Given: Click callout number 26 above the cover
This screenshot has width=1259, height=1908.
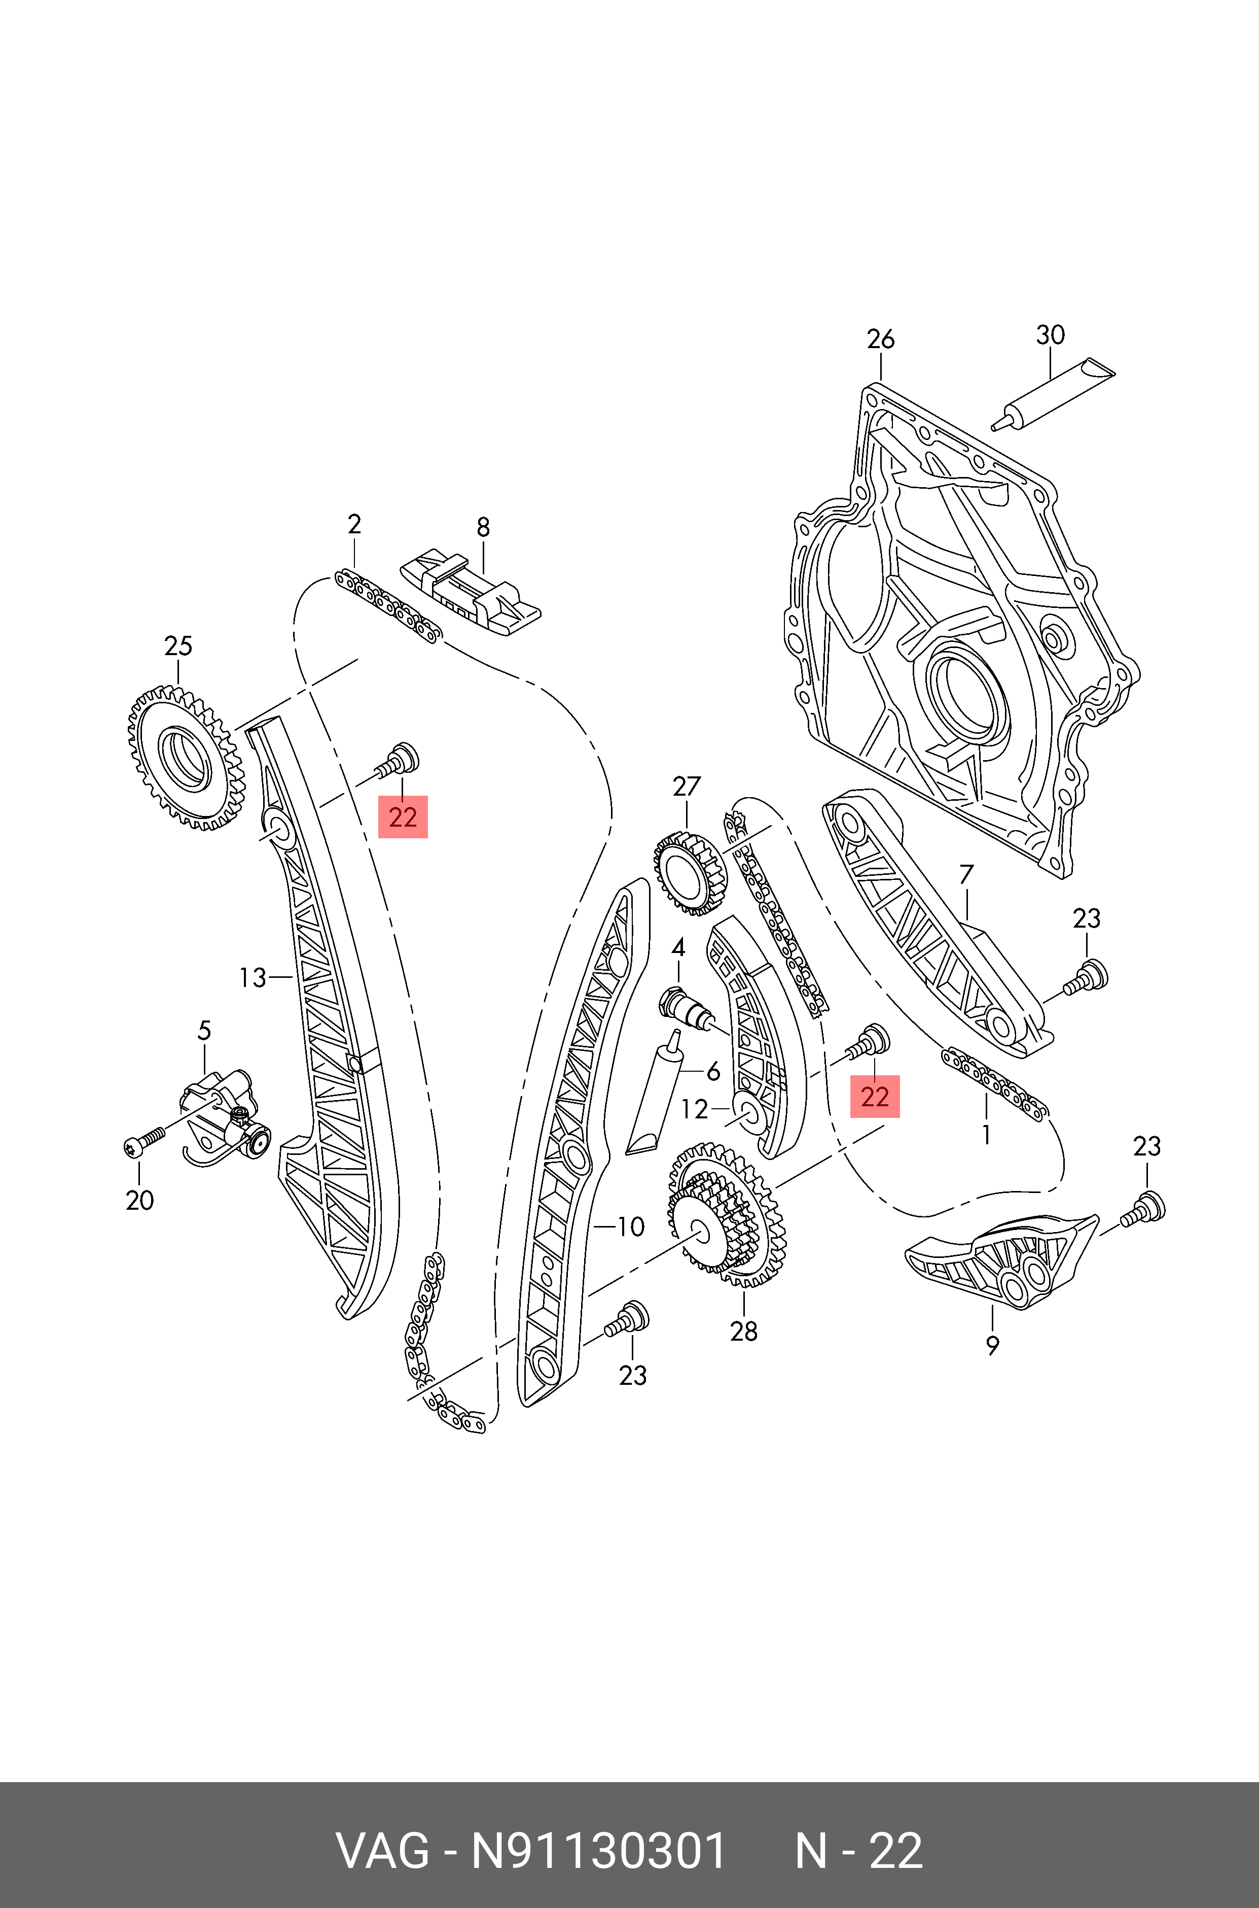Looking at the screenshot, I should point(880,340).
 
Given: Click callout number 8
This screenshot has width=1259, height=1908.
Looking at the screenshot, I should point(483,527).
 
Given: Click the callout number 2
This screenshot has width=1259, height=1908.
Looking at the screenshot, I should point(354,525).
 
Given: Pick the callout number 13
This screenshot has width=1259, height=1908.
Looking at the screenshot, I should point(252,978).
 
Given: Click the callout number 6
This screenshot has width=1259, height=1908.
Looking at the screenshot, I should point(713,1072).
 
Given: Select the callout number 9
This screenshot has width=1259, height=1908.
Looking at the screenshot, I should point(992,1345).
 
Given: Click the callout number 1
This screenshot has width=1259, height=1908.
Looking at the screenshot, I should point(986,1134).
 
